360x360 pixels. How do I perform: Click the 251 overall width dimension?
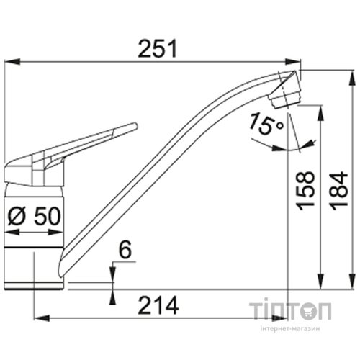(x=158, y=49)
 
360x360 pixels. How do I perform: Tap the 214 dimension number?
(x=158, y=305)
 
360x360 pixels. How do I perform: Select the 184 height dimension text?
(x=339, y=191)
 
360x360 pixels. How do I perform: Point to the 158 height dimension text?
(x=305, y=191)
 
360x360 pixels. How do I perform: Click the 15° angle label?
(x=266, y=124)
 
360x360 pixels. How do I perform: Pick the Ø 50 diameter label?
(x=34, y=216)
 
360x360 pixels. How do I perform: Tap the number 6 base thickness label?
(x=125, y=250)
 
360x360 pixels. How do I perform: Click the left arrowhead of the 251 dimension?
(x=12, y=61)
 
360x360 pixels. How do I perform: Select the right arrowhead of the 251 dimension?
(x=293, y=61)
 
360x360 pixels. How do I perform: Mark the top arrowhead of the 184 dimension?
(x=352, y=78)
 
